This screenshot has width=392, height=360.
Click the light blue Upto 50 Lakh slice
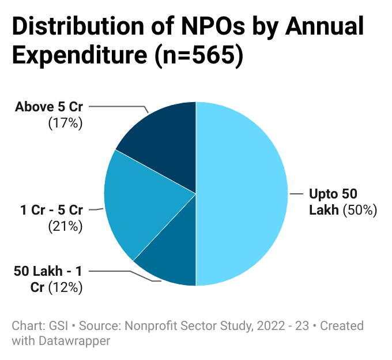click(x=242, y=193)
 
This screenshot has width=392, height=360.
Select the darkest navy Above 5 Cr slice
click(x=164, y=144)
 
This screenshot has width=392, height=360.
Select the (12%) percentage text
click(x=65, y=287)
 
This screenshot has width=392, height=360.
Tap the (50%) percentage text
click(x=360, y=210)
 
